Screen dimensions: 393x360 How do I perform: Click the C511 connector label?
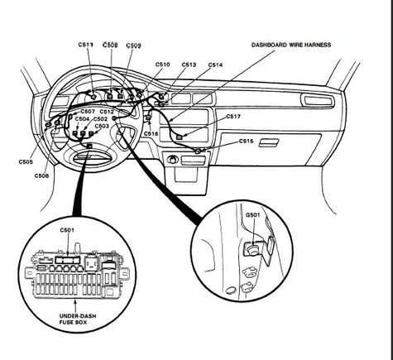86,45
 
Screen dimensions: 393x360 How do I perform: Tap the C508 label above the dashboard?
110,45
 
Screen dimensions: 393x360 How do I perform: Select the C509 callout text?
133,46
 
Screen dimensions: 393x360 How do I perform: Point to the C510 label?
162,65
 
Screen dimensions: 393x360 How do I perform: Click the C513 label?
189,65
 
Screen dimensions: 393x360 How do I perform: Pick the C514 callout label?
215,65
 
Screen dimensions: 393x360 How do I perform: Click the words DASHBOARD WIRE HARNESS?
291,45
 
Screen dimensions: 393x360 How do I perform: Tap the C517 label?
233,117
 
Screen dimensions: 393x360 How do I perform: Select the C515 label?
246,142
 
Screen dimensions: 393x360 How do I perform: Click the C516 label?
151,134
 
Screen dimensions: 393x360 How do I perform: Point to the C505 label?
26,162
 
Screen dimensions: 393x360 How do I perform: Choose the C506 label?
41,175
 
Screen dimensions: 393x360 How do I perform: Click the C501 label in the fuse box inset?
67,230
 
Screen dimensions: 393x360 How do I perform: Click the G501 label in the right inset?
253,214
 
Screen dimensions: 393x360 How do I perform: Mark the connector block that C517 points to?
180,137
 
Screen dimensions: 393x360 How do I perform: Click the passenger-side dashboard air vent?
318,100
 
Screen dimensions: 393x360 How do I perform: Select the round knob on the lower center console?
173,160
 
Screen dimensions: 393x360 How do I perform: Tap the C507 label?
88,112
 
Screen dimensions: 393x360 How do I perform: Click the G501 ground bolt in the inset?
252,250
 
